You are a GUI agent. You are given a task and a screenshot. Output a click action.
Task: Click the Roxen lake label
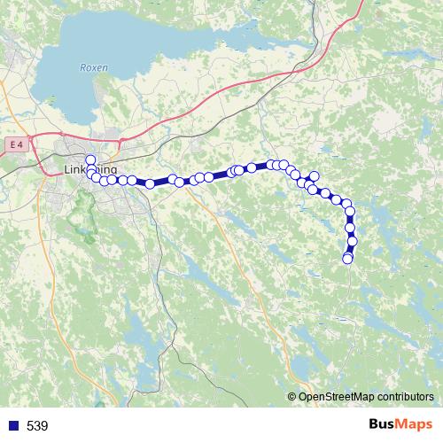[x=93, y=66]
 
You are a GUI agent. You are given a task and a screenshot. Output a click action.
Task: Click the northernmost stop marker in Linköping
[x=89, y=159]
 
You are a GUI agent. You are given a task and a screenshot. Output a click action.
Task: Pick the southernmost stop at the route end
[x=347, y=258]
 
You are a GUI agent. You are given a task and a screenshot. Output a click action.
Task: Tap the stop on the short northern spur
[x=314, y=176]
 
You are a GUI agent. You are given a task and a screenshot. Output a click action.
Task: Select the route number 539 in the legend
[x=37, y=426]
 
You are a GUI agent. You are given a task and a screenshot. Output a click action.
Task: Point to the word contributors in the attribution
[x=402, y=397]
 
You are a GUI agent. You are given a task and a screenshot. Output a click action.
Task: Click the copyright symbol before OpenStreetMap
[x=292, y=397]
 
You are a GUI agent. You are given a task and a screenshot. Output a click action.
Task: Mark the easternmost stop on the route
[x=353, y=241]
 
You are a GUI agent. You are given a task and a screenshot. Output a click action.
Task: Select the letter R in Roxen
[x=82, y=66]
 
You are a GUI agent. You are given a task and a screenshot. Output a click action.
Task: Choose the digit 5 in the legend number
[x=30, y=426]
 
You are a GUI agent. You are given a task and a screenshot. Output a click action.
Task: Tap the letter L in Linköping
[x=68, y=168]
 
